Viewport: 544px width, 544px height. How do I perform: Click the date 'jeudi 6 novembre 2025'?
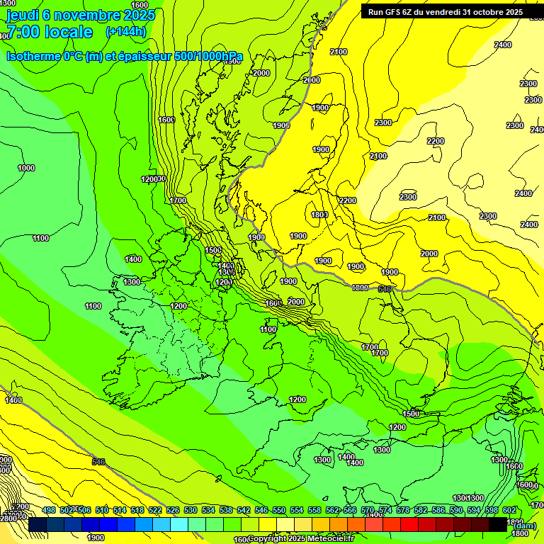click(x=79, y=14)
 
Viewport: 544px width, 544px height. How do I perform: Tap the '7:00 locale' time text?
click(x=49, y=32)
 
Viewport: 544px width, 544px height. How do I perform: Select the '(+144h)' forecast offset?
click(x=125, y=32)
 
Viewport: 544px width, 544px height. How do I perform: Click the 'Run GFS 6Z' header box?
click(x=445, y=12)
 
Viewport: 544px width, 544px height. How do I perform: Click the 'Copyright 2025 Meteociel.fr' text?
click(x=300, y=539)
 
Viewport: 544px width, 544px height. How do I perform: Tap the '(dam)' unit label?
click(x=523, y=526)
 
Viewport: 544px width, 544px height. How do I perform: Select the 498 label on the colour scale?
click(x=49, y=510)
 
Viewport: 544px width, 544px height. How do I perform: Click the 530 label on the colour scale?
click(x=191, y=510)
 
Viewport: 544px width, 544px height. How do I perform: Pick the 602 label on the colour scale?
click(x=509, y=510)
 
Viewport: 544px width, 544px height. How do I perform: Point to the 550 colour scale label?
click(x=279, y=510)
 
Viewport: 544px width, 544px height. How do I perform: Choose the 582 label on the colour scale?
click(x=421, y=510)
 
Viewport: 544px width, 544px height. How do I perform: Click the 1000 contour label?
click(x=26, y=169)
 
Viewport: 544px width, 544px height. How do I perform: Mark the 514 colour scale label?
click(x=120, y=510)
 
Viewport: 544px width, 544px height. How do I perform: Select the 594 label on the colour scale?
click(x=474, y=510)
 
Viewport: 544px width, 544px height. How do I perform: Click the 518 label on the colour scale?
click(x=137, y=510)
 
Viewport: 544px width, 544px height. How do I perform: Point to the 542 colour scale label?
click(x=244, y=510)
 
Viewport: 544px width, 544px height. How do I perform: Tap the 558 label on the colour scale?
click(x=314, y=510)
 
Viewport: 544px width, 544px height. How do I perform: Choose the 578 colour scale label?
click(x=403, y=510)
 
